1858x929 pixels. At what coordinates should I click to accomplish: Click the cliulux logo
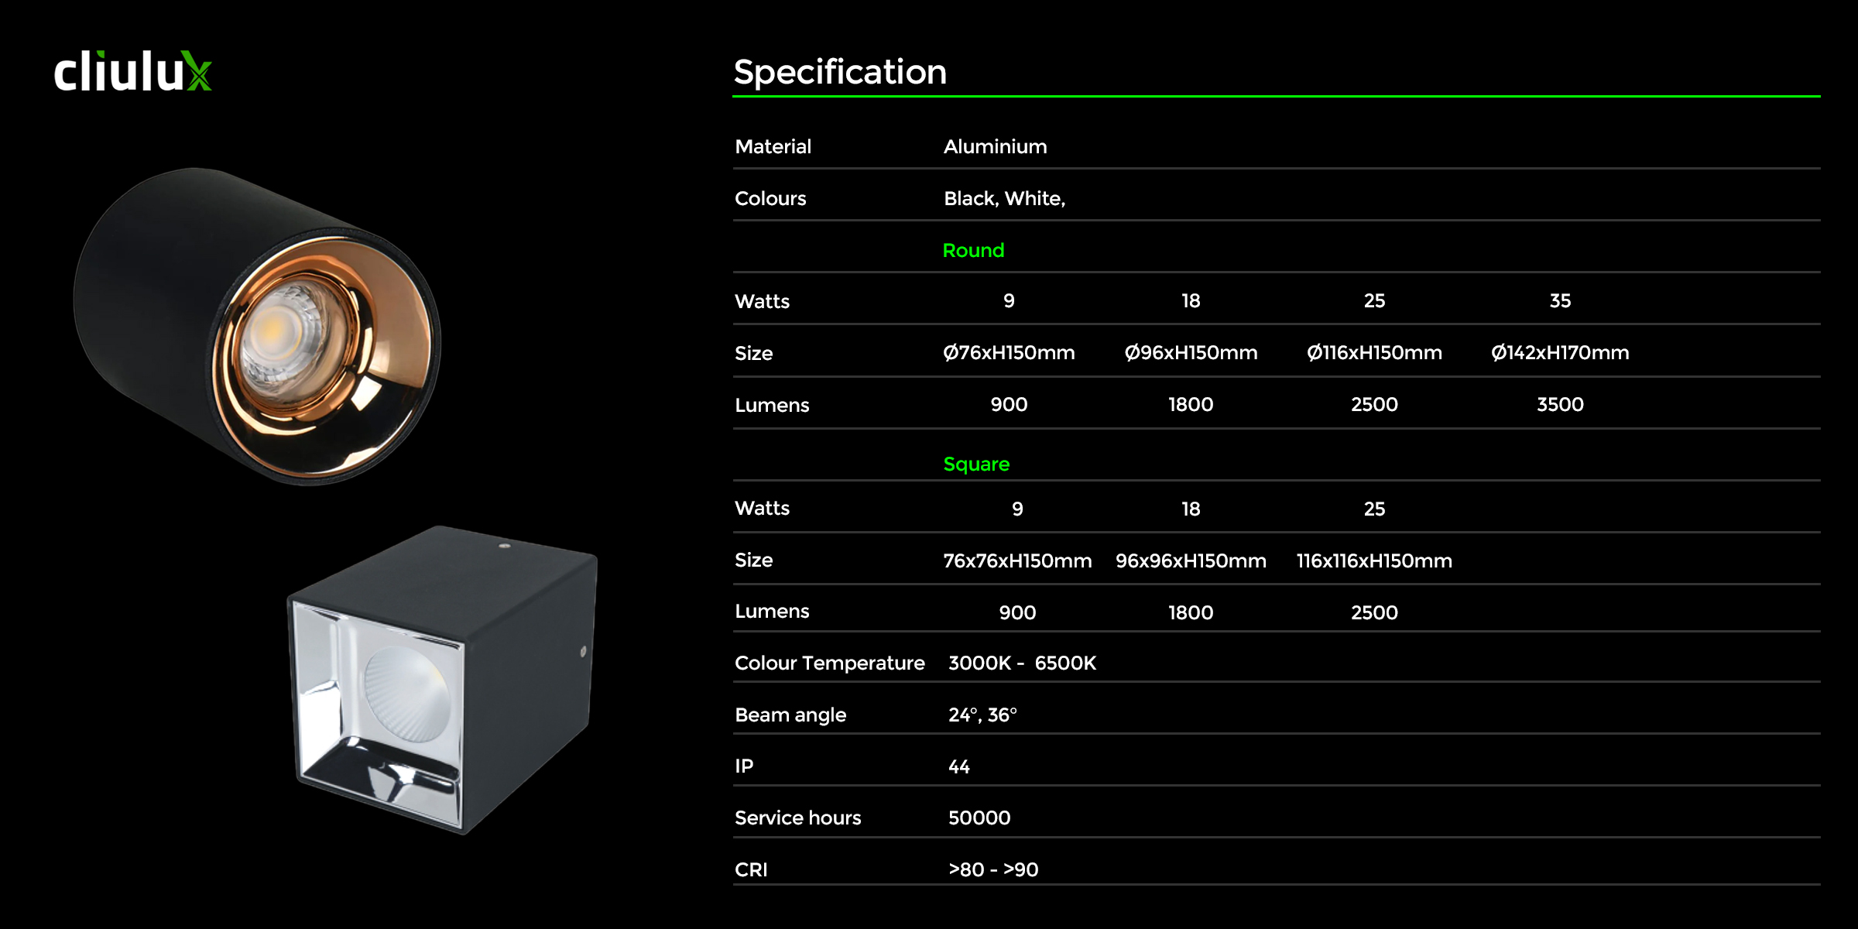pos(132,71)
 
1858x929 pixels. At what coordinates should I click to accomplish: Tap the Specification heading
pos(840,72)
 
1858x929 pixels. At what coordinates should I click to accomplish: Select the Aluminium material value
pos(995,146)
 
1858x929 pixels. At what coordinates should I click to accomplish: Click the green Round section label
pos(973,250)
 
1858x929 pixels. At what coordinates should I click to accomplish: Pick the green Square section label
pos(976,464)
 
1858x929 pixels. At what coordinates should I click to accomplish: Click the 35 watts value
pos(1560,300)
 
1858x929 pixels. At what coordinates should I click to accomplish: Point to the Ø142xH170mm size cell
pos(1560,352)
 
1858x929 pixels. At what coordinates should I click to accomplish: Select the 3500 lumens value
pos(1560,404)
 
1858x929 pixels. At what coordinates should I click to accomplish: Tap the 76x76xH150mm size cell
pos(1017,560)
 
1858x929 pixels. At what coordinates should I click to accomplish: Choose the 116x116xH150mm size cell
pos(1374,560)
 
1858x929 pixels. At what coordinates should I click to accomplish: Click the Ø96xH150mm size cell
pos(1191,352)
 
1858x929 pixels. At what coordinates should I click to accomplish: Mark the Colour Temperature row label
pos(829,663)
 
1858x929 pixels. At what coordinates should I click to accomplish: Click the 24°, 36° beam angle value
pos(982,715)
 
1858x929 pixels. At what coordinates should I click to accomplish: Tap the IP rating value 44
pos(959,766)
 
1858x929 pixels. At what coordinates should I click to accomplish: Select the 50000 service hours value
pos(979,818)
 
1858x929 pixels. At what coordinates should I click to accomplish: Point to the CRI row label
pos(751,869)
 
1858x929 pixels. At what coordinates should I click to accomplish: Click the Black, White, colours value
pos(1004,198)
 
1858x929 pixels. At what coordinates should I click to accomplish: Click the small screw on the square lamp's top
pos(504,546)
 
